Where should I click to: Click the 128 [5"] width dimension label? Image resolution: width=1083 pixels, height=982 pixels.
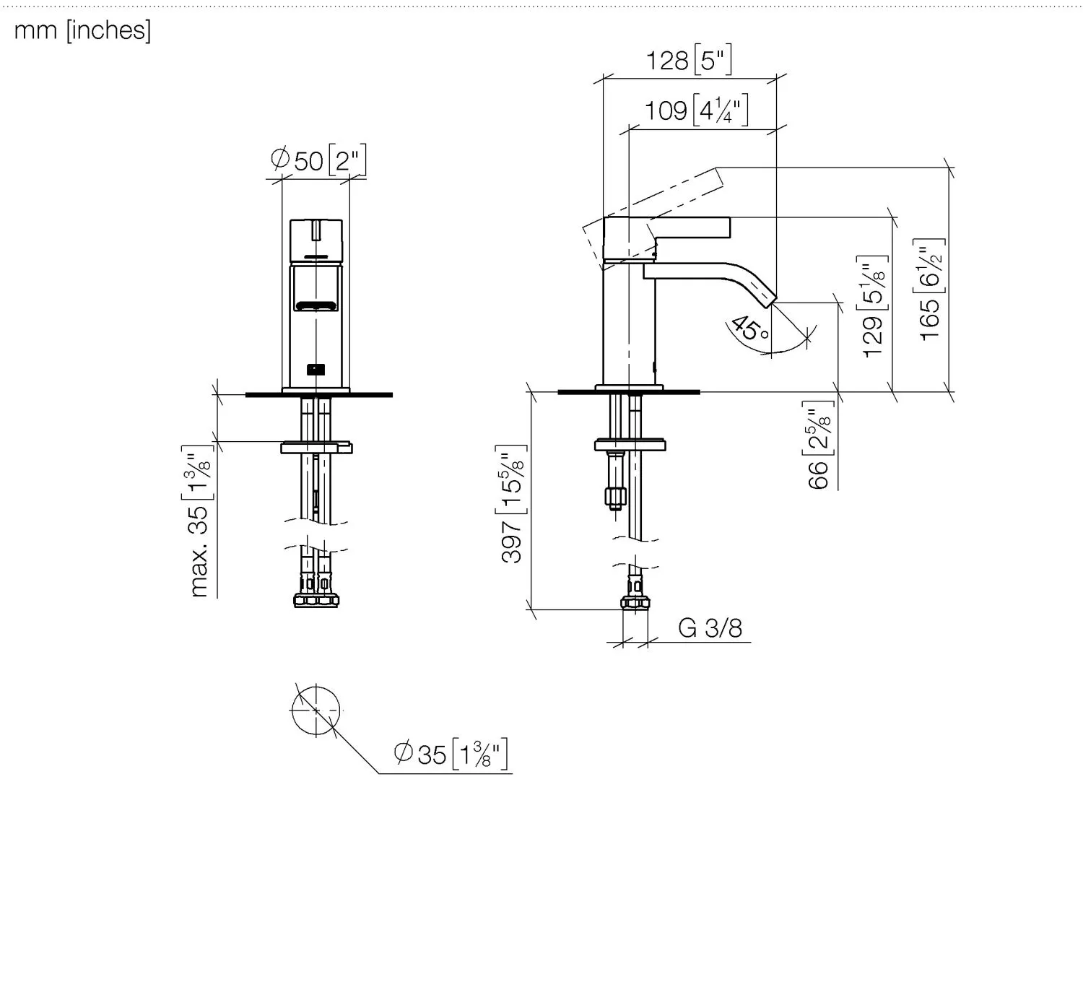tap(689, 59)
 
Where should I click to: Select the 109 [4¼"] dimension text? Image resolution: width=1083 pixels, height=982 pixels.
tap(697, 110)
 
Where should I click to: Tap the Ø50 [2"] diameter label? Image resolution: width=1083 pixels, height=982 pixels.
tap(318, 160)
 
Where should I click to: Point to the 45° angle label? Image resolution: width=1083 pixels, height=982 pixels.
tap(750, 329)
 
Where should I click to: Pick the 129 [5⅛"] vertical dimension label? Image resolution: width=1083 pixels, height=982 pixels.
tap(872, 306)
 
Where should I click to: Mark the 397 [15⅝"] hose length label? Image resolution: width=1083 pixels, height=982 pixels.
tap(510, 504)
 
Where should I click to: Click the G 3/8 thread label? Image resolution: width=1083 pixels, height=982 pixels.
tap(710, 627)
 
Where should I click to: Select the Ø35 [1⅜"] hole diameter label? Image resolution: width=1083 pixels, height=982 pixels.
tap(451, 754)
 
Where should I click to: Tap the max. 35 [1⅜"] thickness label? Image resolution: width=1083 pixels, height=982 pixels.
tap(198, 521)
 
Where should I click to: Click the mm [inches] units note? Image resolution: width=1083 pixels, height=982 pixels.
tap(82, 30)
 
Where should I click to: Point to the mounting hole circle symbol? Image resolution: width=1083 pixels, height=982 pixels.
tap(316, 711)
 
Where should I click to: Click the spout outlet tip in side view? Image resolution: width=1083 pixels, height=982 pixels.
tap(770, 301)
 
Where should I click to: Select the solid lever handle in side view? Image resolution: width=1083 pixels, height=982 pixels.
tap(666, 238)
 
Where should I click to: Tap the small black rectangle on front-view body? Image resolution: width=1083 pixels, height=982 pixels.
tap(316, 370)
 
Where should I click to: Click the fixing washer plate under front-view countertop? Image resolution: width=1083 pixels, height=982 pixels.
tap(316, 447)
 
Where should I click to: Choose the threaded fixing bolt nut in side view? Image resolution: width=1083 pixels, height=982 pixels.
tap(615, 496)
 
